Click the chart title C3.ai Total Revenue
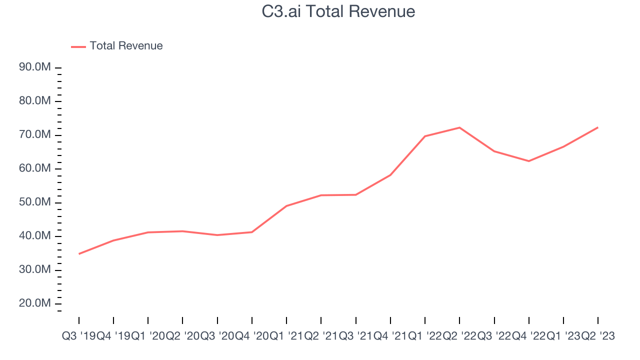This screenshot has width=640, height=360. pos(338,11)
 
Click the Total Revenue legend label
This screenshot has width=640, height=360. pos(126,46)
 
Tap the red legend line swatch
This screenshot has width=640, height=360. pos(78,46)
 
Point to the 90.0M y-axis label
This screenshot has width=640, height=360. pos(35,67)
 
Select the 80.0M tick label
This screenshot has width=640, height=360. pos(35,101)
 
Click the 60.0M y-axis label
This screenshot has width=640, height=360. pos(35,168)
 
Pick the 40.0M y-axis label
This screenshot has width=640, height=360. pos(35,236)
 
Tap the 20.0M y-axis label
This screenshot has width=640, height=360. pos(35,303)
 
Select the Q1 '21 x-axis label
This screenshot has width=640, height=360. pos(286,336)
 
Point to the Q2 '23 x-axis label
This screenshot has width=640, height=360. pos(598,336)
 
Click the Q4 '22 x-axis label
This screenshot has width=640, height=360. pos(528,336)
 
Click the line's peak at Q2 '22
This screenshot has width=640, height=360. pos(459,127)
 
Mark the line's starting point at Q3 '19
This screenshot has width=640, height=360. pos(79,254)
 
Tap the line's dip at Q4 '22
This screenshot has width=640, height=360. pos(528,161)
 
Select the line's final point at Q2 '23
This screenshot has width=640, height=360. pos(598,127)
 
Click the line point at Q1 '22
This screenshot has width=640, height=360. pos(425,136)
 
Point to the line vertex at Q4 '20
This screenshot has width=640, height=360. pos(251,232)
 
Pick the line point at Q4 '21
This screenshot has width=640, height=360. pos(390,175)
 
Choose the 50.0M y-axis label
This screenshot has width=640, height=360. pos(35,202)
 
